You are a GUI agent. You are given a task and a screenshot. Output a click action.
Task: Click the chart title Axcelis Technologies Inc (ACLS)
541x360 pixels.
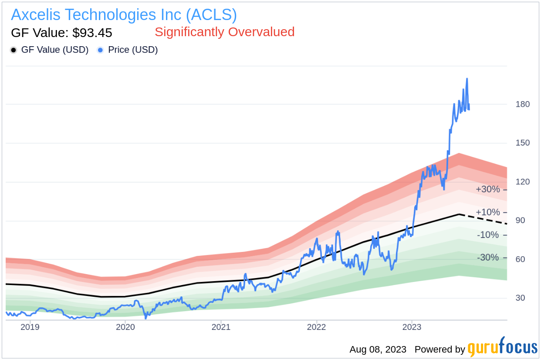click(x=124, y=15)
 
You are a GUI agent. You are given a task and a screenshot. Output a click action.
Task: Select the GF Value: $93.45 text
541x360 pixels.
click(x=61, y=33)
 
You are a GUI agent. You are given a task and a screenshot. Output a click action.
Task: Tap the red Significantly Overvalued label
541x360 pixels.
click(x=224, y=32)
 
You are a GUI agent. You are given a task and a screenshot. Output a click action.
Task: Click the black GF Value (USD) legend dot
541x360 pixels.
click(x=14, y=50)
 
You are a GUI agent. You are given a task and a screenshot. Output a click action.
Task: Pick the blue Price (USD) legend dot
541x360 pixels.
click(x=101, y=50)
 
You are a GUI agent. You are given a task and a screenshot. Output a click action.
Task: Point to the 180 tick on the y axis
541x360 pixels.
click(x=523, y=104)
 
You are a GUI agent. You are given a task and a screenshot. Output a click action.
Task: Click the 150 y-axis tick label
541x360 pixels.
click(x=523, y=143)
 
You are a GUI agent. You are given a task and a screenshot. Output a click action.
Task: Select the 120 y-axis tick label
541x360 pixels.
click(x=523, y=182)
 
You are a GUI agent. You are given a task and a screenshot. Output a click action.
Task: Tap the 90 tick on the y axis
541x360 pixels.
click(x=520, y=221)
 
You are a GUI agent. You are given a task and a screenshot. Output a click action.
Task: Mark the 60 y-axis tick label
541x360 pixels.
click(x=520, y=259)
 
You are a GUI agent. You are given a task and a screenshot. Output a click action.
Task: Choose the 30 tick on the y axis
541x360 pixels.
click(x=520, y=298)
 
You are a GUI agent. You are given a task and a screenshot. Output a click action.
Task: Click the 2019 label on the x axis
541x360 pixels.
click(x=30, y=327)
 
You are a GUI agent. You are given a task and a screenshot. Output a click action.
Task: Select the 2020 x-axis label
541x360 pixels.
click(x=125, y=327)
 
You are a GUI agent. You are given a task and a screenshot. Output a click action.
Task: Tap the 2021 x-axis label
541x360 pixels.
click(x=221, y=327)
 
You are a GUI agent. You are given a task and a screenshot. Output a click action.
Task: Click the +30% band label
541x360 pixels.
click(x=487, y=190)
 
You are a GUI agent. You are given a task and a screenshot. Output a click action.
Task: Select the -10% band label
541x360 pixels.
click(x=487, y=235)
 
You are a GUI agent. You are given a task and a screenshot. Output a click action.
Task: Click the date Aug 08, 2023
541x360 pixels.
click(x=378, y=350)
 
